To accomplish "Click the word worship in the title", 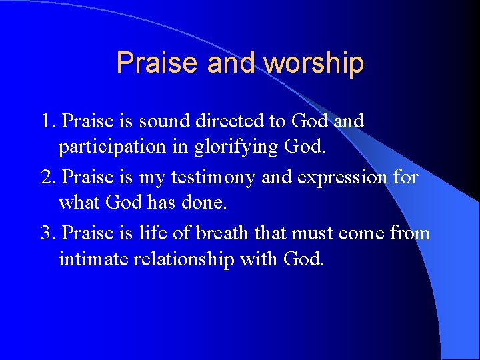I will pyautogui.click(x=313, y=63).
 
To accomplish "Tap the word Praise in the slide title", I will pyautogui.click(x=158, y=63).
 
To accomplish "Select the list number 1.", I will pyautogui.click(x=47, y=121).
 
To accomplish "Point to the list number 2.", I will pyautogui.click(x=47, y=178).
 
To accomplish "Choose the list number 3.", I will pyautogui.click(x=47, y=233).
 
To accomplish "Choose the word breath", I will pyautogui.click(x=237, y=233).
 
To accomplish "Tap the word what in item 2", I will pyautogui.click(x=78, y=202).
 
